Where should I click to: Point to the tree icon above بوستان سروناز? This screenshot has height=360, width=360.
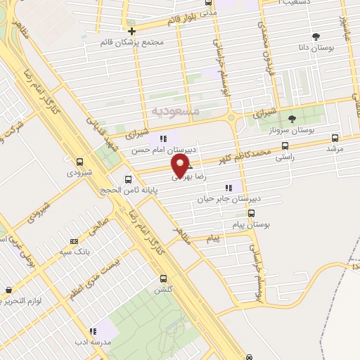pyautogui.click(x=292, y=118)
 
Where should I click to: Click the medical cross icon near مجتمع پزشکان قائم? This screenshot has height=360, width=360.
pyautogui.click(x=132, y=30)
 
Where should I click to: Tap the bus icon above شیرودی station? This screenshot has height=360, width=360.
pyautogui.click(x=79, y=161)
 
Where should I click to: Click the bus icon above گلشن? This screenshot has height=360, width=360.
pyautogui.click(x=163, y=278)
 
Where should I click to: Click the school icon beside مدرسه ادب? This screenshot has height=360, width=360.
pyautogui.click(x=92, y=330)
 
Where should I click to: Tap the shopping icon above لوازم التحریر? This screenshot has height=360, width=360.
pyautogui.click(x=8, y=290)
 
